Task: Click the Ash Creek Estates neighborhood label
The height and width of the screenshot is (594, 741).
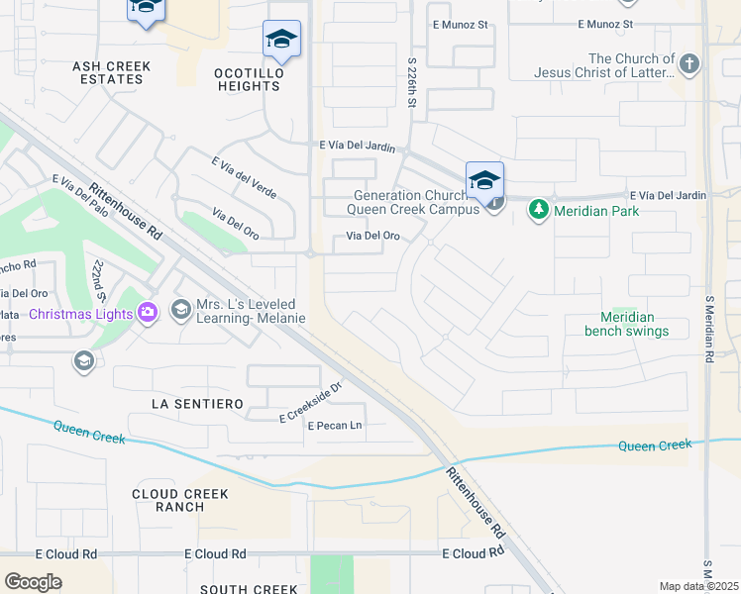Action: click(x=112, y=72)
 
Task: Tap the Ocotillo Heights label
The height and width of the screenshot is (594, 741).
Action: click(x=248, y=79)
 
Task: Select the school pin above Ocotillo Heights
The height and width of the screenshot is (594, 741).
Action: click(x=281, y=42)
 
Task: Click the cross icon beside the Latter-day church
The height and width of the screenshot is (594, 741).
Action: click(x=690, y=65)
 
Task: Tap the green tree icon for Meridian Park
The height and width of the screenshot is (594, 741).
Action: click(x=538, y=210)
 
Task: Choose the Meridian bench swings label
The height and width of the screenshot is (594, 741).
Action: click(x=634, y=324)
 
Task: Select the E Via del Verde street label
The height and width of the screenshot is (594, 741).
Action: click(x=244, y=177)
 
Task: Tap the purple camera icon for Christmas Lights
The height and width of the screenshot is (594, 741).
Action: click(x=148, y=314)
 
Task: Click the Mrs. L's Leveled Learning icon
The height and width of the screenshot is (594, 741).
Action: click(x=180, y=311)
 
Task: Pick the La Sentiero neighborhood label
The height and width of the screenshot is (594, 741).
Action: click(x=197, y=404)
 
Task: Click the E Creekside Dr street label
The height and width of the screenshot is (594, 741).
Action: click(x=309, y=402)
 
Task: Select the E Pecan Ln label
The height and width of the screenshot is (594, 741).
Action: click(x=336, y=426)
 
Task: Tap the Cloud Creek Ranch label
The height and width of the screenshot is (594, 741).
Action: click(x=179, y=500)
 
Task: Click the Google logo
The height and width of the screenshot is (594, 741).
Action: click(x=34, y=582)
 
